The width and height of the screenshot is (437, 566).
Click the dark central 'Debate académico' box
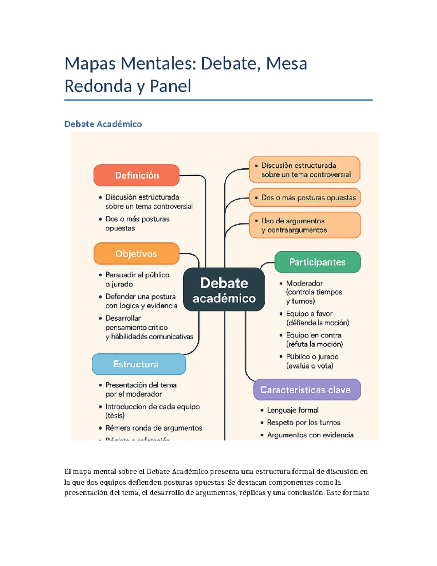pos(224,290)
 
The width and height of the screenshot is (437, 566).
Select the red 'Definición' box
pos(137,175)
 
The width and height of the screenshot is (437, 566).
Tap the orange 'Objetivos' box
pos(136,254)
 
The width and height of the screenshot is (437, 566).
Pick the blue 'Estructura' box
pos(139,364)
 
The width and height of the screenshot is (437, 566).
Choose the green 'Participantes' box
pos(317,262)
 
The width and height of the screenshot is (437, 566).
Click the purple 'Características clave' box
pos(307,390)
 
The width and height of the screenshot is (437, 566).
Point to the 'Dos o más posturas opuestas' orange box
pos(305,198)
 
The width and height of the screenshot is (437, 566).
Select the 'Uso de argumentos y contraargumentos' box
pos(305,225)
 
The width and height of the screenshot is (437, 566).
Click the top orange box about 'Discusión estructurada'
pos(304,170)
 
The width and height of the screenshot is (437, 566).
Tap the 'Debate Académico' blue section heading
pos(103,124)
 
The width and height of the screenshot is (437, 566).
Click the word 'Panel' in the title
pos(170,86)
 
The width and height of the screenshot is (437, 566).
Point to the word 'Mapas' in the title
pos(90,63)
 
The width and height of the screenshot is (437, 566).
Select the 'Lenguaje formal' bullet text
pos(293,410)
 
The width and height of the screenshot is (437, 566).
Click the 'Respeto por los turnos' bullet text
pos(303,422)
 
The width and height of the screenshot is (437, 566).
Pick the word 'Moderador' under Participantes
pos(304,283)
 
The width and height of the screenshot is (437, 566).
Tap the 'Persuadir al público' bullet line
pos(137,275)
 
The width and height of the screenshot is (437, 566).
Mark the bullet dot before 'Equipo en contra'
pos(281,335)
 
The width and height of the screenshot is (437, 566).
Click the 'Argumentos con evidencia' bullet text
pos(310,435)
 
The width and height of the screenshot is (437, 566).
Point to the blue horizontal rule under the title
pos(219,100)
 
